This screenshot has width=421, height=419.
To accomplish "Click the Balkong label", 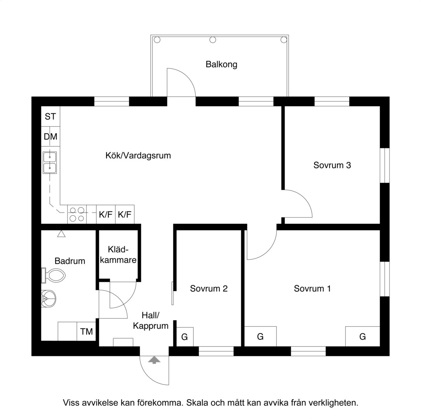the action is point(221,64).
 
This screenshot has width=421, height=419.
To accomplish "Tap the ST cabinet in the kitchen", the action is point(50,116).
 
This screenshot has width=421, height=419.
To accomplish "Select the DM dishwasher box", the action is point(50,137).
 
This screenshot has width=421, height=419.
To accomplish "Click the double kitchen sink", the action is point(50,163).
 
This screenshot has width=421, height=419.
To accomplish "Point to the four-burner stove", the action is point(77,214).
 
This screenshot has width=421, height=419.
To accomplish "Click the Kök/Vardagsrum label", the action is point(138,156).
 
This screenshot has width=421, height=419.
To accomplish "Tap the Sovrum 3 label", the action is point(332,165).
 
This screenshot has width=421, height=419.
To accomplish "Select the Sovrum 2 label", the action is point(209,289).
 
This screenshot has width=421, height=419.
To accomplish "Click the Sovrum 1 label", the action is point(312,289).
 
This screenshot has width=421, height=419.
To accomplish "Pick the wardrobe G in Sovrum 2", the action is point(185,337).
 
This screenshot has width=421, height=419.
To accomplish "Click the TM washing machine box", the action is point(87,332).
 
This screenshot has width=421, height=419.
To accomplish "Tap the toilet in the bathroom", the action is point(54,275).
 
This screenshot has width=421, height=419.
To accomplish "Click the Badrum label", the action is point(70,261).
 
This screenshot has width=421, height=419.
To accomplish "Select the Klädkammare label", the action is point(118,255).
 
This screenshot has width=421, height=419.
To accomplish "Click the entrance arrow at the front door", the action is point(154,360).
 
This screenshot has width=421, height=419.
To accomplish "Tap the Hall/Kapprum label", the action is point(151,320).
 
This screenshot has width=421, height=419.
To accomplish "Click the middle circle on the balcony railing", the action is point(213,40).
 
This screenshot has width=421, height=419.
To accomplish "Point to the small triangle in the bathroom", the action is point(61,234).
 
